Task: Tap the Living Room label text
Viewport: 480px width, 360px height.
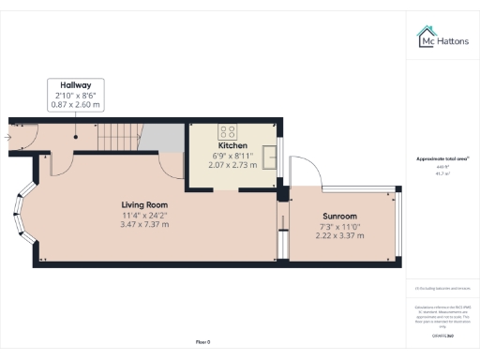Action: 143,204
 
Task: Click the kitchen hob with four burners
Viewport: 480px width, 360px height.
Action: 229,130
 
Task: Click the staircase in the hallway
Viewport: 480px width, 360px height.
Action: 123,138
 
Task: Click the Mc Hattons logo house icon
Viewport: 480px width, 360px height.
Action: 424,36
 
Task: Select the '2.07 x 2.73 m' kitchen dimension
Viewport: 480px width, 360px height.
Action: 232,166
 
